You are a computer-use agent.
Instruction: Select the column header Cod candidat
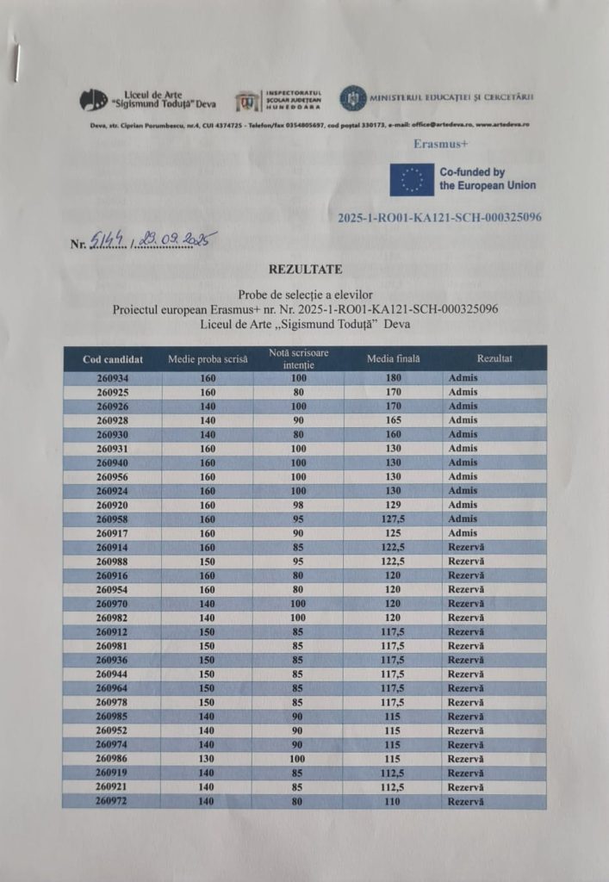point(113,358)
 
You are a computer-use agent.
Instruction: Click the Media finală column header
point(394,358)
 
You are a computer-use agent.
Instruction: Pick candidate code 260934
point(113,378)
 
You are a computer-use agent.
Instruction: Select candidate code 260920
point(113,505)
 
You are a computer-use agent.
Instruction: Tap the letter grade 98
point(299,505)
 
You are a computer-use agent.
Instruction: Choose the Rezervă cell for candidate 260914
point(466,547)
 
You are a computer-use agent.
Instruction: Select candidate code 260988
point(113,561)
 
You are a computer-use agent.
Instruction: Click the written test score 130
point(208,759)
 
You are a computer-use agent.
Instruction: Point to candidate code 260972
point(113,801)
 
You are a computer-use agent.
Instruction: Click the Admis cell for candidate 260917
point(463,533)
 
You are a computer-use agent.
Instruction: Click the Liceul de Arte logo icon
point(94,100)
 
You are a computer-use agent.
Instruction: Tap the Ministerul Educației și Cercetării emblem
point(352,98)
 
